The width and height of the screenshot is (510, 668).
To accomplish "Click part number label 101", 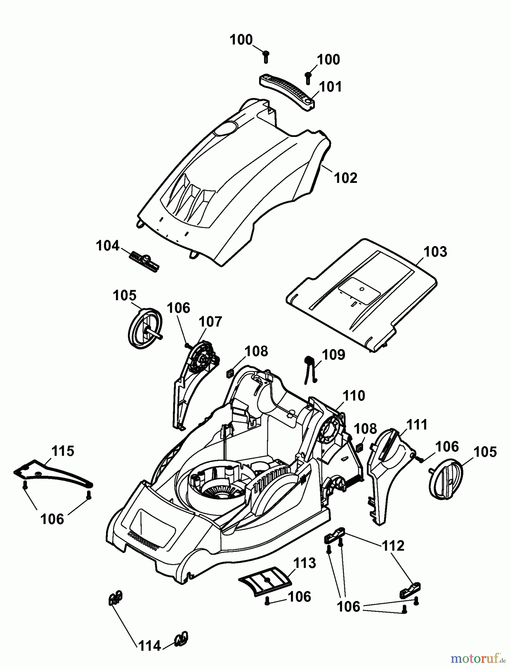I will coord(330,87).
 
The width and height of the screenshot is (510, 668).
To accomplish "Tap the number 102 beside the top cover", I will coord(345,178).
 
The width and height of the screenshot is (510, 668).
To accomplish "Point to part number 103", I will coord(435,252).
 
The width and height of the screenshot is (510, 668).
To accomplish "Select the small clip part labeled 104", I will coord(145,261).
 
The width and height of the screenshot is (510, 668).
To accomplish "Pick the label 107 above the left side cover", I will coord(211,321).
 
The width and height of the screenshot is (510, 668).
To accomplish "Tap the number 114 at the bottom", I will coord(150,646).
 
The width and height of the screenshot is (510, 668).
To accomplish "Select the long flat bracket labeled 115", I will coord(52,474).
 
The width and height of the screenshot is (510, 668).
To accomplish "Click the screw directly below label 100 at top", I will coord(265,57).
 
